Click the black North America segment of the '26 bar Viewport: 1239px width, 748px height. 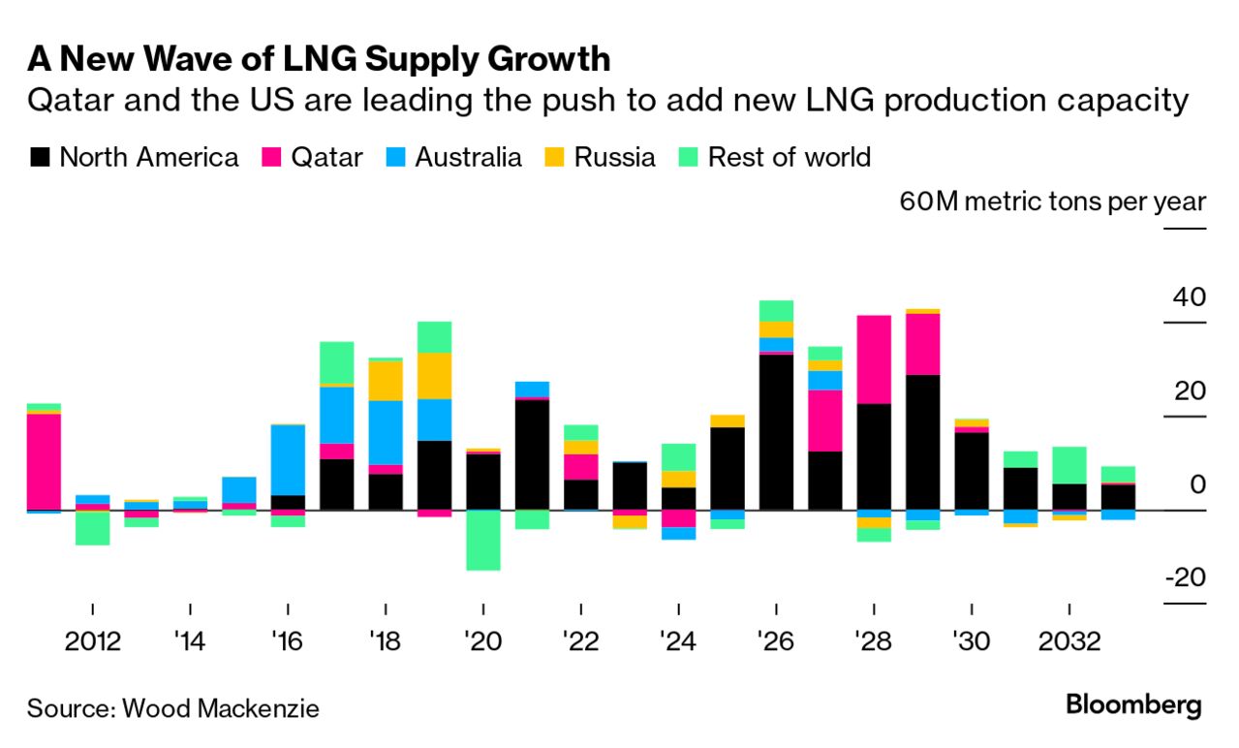tap(776, 432)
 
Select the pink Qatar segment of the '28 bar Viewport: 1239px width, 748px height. tap(874, 358)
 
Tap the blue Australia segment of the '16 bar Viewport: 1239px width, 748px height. tap(288, 459)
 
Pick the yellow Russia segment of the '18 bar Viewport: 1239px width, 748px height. tap(386, 380)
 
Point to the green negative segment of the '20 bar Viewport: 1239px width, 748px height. tap(482, 540)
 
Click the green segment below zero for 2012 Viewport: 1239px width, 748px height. tap(92, 527)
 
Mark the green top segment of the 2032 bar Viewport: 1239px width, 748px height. tap(1069, 464)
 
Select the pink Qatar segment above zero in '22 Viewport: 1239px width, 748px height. tap(580, 466)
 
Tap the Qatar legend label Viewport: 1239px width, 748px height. tap(326, 157)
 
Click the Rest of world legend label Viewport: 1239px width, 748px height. tap(789, 157)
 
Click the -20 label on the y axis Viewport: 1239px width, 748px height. tap(1183, 578)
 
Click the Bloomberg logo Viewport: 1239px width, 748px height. tap(1133, 704)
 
